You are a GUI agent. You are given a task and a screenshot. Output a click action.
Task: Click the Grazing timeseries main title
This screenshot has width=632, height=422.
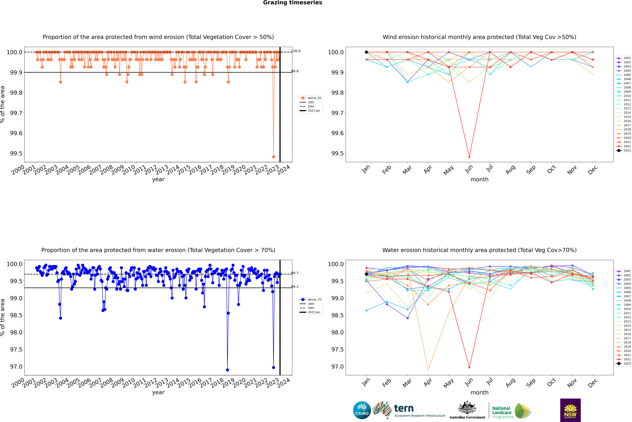tap(293, 3)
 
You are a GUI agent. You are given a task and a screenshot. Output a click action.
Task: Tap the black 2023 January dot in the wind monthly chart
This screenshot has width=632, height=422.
tap(366, 52)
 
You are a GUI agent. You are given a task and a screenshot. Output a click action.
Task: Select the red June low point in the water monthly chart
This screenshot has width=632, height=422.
tap(469, 367)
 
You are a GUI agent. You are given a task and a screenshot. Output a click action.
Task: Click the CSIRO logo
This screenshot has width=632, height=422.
tap(362, 410)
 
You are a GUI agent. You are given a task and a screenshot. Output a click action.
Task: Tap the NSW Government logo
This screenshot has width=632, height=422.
tap(570, 410)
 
